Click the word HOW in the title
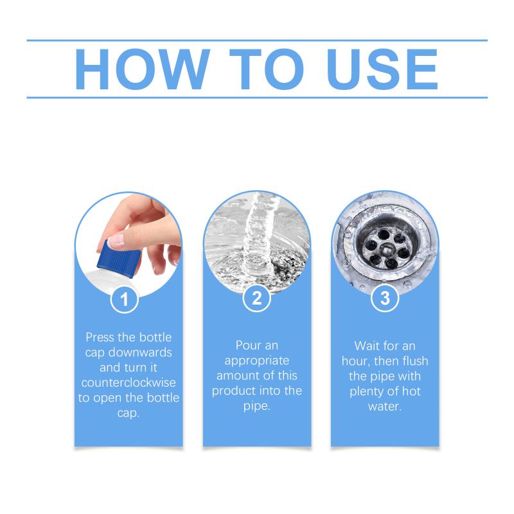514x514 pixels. tap(143, 69)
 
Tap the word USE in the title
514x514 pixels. tap(382, 69)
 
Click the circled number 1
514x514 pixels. tap(124, 299)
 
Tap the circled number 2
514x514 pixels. tap(256, 298)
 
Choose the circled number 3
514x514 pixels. tap(385, 298)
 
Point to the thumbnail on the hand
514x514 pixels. tap(116, 240)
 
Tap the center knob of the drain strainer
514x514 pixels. tap(387, 250)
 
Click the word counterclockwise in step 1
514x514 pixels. tap(128, 382)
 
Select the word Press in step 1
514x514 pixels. tap(100, 337)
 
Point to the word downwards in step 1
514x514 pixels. tap(140, 352)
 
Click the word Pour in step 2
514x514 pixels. tap(247, 345)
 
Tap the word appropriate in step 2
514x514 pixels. tap(257, 361)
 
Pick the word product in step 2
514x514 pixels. tap(235, 391)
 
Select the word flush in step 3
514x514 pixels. tap(415, 361)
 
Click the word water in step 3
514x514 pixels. tap(385, 407)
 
